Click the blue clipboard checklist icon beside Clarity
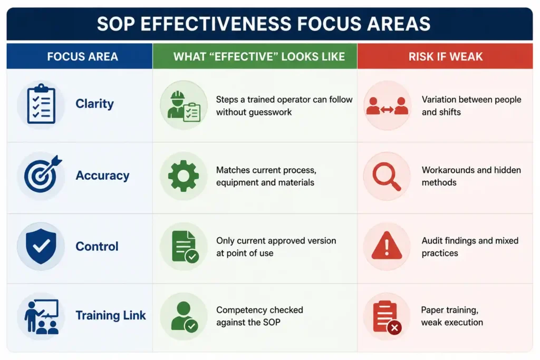coord(41,104)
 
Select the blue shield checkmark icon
coord(41,246)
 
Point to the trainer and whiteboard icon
coord(41,317)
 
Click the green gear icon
coord(183,176)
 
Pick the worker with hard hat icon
coord(184,105)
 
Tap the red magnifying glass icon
coord(387,176)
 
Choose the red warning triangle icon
coord(387,245)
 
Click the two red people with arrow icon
coord(387,105)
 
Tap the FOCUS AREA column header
coord(83,56)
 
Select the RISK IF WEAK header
coord(446,56)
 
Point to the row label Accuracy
coord(103,175)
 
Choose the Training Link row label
coord(111,315)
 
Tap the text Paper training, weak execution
coord(452,316)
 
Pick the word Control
coord(97,247)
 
